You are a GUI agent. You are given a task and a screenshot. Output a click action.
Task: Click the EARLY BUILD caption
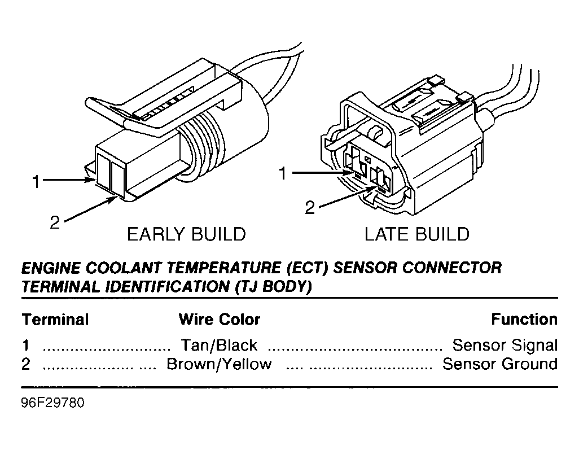[x=186, y=234]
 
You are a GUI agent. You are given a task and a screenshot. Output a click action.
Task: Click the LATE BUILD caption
[x=416, y=234]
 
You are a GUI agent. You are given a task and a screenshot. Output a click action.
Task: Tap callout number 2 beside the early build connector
[x=54, y=222]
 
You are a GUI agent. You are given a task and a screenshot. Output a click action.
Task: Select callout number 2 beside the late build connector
[x=310, y=208]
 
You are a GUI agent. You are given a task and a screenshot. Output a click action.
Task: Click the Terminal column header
[x=55, y=320]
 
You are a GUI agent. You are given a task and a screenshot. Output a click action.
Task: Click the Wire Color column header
[x=219, y=320]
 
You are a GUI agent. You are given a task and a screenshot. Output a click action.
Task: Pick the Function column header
[x=524, y=320]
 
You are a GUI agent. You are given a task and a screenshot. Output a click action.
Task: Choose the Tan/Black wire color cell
[x=218, y=345]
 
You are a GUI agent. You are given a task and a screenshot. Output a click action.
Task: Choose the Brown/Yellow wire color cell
[x=218, y=364]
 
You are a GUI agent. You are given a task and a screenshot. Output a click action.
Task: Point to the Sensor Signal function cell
[x=505, y=345]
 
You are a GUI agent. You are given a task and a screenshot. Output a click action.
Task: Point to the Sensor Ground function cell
[x=499, y=364]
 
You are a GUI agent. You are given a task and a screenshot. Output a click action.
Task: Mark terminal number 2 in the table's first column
[x=26, y=364]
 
